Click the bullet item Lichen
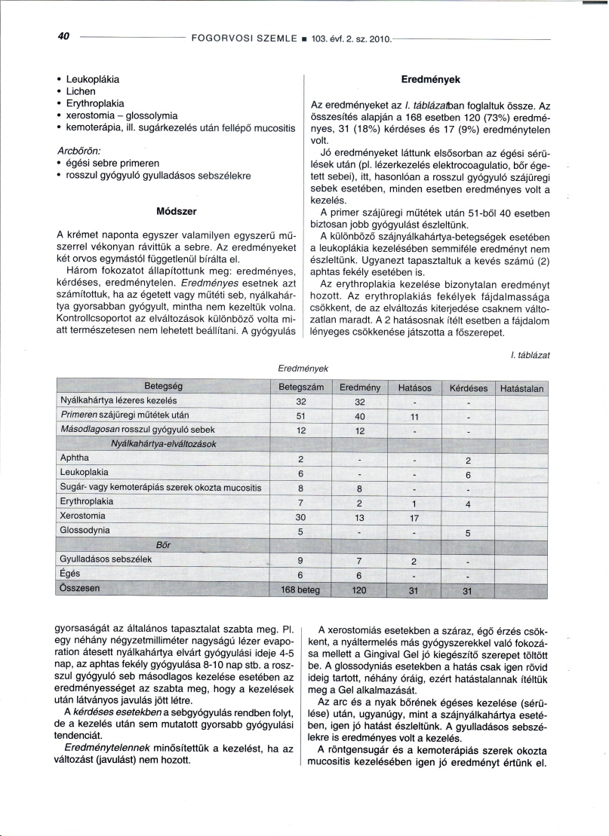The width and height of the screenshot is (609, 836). click(82, 90)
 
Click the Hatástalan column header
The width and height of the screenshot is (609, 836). click(521, 389)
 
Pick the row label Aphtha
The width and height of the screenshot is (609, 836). click(74, 458)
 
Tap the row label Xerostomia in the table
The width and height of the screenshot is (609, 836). click(83, 516)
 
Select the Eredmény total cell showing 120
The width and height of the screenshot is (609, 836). click(359, 591)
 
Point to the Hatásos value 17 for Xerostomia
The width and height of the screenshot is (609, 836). click(413, 517)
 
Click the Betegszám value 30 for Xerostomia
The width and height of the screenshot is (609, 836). click(300, 517)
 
